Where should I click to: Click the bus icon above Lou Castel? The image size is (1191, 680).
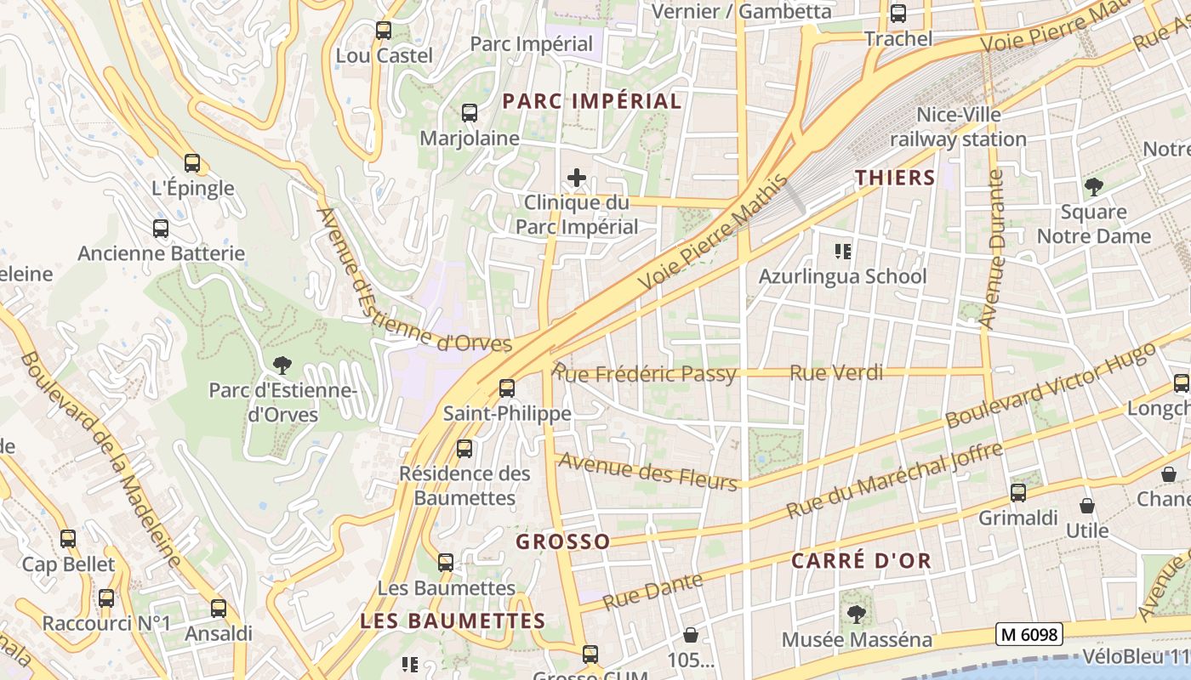[x=384, y=31]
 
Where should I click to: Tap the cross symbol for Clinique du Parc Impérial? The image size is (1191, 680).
[x=577, y=178]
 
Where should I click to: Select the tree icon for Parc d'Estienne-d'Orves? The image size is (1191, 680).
[x=282, y=365]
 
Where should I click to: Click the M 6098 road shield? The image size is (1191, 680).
[x=1029, y=634]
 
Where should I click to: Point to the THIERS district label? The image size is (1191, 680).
[x=894, y=178]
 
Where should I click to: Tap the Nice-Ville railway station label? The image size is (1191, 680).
[x=959, y=127]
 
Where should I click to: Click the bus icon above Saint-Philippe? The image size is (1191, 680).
[x=507, y=388]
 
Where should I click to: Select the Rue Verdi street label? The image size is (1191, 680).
[x=836, y=372]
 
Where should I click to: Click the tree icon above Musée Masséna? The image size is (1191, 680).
[x=857, y=614]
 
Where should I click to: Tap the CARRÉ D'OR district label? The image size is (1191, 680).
[x=861, y=561]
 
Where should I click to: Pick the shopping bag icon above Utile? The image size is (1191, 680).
[x=1087, y=506]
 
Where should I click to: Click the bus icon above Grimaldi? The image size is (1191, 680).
[x=1018, y=492]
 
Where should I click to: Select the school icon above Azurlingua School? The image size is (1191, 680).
[x=843, y=251]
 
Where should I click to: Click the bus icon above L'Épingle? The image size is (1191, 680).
[x=192, y=163]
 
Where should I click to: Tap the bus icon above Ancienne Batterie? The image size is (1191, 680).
[x=161, y=228]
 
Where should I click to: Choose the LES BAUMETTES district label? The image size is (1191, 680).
[x=453, y=621]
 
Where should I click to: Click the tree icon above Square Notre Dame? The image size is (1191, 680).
[x=1093, y=186]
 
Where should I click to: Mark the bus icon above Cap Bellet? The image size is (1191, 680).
[x=68, y=538]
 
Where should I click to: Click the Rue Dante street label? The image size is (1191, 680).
[x=653, y=592]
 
